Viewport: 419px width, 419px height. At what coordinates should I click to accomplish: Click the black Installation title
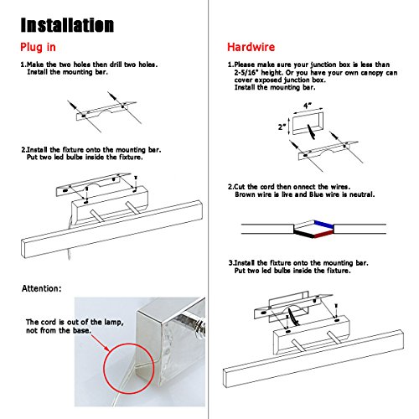pyautogui.click(x=67, y=25)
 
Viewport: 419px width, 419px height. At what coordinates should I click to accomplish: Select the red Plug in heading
pyautogui.click(x=38, y=47)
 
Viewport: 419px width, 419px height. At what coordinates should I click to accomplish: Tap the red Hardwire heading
pyautogui.click(x=251, y=47)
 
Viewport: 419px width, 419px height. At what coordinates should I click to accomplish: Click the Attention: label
pyautogui.click(x=41, y=288)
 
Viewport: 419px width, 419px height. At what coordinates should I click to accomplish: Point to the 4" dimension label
pyautogui.click(x=308, y=106)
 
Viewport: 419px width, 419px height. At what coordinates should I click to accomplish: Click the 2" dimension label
pyautogui.click(x=282, y=127)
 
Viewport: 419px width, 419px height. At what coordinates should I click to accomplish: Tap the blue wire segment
pyautogui.click(x=323, y=224)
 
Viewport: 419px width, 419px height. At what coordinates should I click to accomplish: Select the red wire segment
pyautogui.click(x=323, y=235)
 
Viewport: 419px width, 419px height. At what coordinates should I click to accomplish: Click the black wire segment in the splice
pyautogui.click(x=304, y=234)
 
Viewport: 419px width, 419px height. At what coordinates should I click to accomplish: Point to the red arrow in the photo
pyautogui.click(x=100, y=343)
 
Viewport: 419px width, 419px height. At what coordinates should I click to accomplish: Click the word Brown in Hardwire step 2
pyautogui.click(x=245, y=194)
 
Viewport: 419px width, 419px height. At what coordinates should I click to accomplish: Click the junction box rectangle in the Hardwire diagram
pyautogui.click(x=308, y=123)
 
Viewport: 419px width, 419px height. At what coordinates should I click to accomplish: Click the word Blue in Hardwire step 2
pyautogui.click(x=318, y=194)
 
